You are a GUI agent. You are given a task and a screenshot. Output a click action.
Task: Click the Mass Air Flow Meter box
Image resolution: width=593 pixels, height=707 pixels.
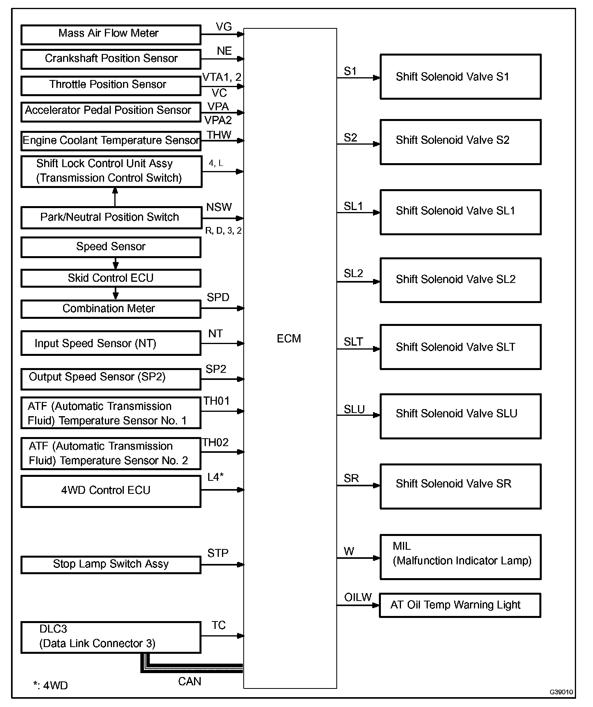click(x=110, y=35)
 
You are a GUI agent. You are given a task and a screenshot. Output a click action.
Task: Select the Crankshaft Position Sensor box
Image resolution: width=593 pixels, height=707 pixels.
click(x=110, y=59)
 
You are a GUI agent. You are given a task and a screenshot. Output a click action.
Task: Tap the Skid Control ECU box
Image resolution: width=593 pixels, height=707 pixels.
click(x=110, y=278)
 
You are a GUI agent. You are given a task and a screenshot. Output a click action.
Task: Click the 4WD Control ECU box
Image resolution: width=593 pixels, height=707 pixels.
click(x=110, y=491)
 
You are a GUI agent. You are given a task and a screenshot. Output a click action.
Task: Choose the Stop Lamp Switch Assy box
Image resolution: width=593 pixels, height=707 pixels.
click(x=110, y=564)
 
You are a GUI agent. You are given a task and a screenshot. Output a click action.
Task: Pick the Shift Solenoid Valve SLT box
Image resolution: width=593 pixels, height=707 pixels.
click(x=460, y=347)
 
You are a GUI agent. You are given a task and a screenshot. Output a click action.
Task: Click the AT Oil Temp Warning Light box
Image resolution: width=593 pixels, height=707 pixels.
click(x=459, y=605)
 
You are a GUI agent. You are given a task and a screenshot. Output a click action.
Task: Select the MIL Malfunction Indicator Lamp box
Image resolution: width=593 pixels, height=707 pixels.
click(x=460, y=557)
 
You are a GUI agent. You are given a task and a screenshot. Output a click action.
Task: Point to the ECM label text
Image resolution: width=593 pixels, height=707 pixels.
click(x=289, y=339)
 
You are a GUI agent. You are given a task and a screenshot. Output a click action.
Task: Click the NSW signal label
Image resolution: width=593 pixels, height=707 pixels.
click(x=219, y=207)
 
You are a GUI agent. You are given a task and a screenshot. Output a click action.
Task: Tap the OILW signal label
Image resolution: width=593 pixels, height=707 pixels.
click(x=358, y=597)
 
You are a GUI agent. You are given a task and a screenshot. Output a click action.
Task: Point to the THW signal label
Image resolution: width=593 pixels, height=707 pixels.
click(x=219, y=135)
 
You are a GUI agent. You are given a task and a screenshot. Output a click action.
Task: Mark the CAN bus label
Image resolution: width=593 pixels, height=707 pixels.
click(x=190, y=681)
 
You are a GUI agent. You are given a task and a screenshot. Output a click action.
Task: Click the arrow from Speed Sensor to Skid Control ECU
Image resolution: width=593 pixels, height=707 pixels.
click(x=116, y=263)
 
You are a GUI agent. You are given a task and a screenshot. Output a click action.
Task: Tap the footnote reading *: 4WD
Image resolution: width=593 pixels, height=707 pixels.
click(x=50, y=686)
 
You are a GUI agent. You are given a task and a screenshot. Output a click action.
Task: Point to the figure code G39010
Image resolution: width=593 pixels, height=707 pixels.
click(x=561, y=692)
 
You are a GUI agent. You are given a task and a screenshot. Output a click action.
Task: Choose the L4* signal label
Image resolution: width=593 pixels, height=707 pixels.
click(x=215, y=477)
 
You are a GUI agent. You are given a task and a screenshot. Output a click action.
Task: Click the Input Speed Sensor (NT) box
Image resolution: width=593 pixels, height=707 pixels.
click(x=110, y=343)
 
